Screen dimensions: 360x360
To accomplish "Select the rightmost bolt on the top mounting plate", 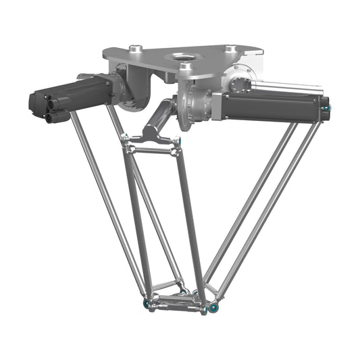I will pos(231,48).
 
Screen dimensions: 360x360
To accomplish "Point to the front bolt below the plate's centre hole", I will pos(184,68).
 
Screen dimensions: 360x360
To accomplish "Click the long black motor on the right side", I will pos(270,105).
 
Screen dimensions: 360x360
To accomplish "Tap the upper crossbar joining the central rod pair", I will pos(152,147).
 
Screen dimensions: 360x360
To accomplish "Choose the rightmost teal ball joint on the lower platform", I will pos(214,307).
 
